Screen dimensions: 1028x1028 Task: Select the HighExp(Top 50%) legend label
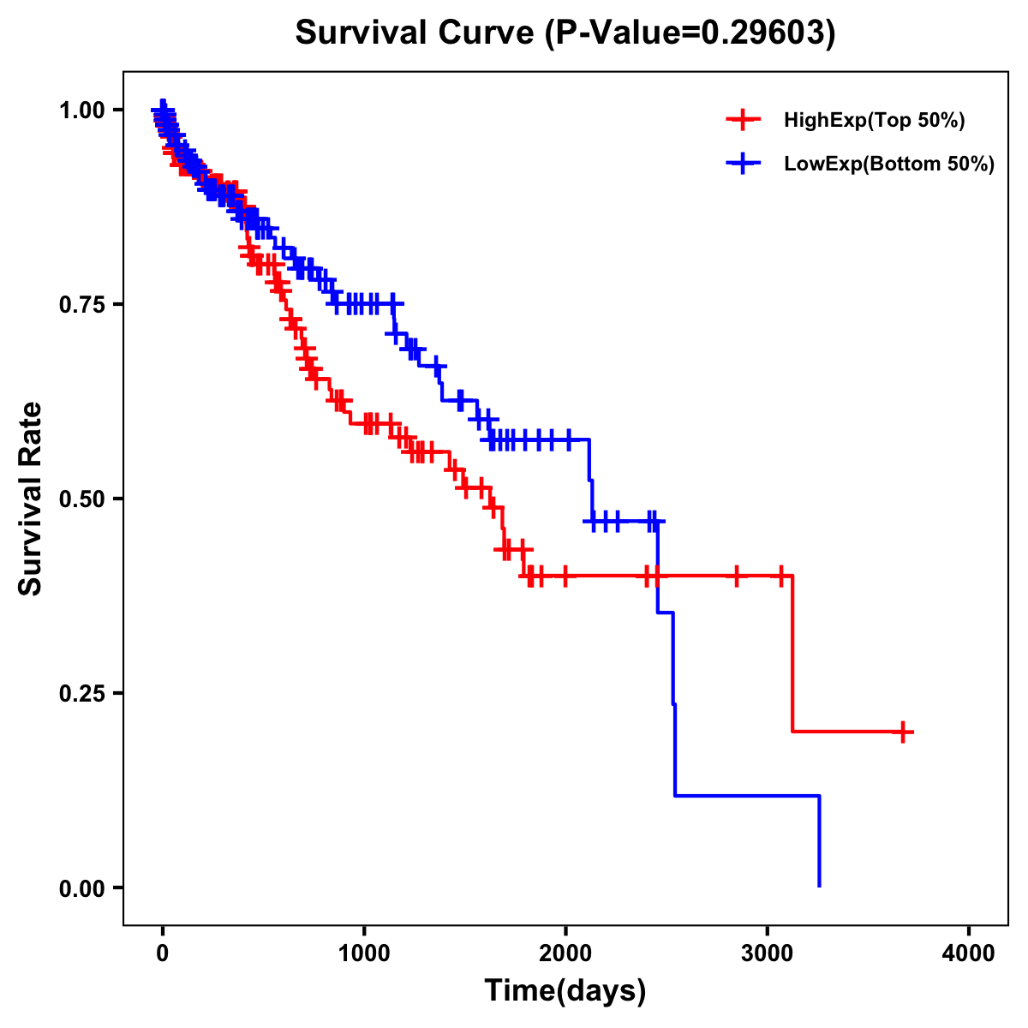point(875,121)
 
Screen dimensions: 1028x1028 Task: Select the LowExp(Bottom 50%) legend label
point(889,164)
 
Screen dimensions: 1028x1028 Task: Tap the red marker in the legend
point(743,120)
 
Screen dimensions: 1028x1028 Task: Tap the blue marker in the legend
point(743,164)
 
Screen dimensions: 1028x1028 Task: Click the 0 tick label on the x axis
point(163,953)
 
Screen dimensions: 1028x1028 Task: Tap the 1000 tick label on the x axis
point(364,953)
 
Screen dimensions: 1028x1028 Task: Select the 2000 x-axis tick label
point(565,953)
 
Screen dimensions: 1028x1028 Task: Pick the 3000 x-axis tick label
point(768,953)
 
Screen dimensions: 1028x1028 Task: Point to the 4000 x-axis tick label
point(969,953)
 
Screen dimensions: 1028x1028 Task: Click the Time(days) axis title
point(565,991)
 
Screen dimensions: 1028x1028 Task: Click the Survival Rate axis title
point(31,499)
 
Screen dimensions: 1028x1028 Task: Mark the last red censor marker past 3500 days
point(903,732)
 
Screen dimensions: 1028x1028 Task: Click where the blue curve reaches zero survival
point(820,886)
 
